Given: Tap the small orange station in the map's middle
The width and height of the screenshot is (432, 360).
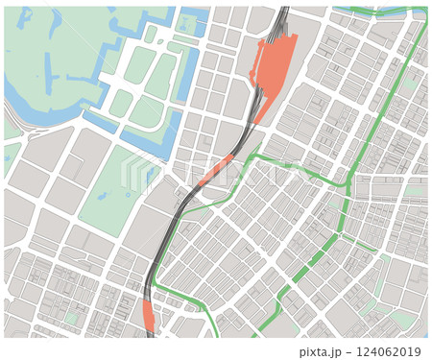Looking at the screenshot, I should (x=218, y=171).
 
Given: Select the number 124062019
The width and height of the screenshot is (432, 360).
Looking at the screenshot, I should (x=390, y=351).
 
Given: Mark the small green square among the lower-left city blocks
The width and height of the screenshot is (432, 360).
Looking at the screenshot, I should (x=72, y=318).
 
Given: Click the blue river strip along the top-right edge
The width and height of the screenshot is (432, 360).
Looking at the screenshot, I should (x=384, y=11).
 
